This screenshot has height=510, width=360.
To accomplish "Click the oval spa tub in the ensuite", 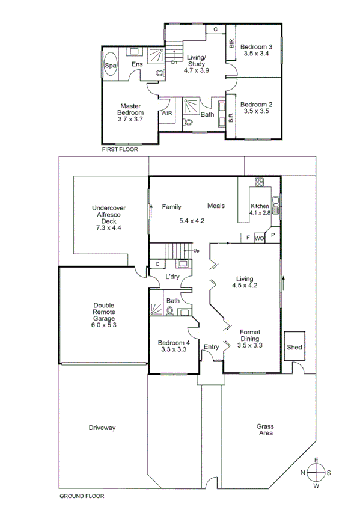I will (x=111, y=66).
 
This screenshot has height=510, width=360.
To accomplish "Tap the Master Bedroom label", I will (x=130, y=109).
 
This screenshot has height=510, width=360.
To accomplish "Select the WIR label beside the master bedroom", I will (x=166, y=113).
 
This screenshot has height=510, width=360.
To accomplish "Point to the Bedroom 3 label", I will (x=257, y=47).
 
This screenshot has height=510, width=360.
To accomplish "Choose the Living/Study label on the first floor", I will (x=195, y=61).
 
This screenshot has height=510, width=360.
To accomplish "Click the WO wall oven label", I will (x=260, y=238).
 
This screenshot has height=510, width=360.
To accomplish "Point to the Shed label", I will (x=294, y=348).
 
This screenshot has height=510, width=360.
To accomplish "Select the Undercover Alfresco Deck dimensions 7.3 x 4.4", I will (x=108, y=228).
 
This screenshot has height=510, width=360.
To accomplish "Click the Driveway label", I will (x=102, y=428).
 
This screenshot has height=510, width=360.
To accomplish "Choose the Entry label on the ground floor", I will (x=211, y=346).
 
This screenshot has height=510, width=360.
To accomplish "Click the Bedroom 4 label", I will (x=174, y=343).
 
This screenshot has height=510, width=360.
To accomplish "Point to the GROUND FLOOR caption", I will (x=82, y=497).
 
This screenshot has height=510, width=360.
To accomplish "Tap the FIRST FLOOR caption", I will (x=119, y=149).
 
